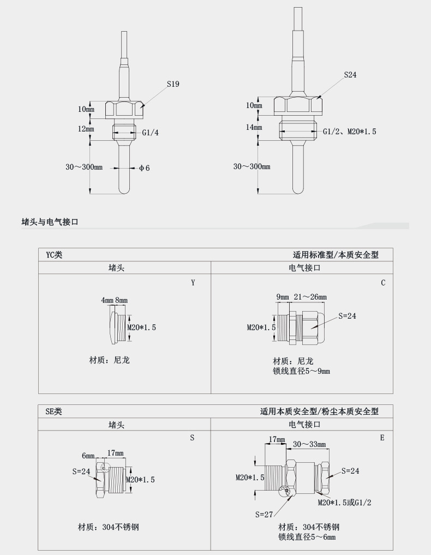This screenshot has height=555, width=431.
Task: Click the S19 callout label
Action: pyautogui.click(x=173, y=84)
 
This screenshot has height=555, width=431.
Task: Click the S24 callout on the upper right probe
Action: pyautogui.click(x=350, y=75)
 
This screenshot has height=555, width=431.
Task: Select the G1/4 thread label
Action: pyautogui.click(x=151, y=133)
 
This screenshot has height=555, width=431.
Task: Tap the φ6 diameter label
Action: pyautogui.click(x=144, y=168)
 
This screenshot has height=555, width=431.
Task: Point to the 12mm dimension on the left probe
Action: pyautogui.click(x=86, y=129)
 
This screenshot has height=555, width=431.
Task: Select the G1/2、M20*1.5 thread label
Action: pyautogui.click(x=349, y=132)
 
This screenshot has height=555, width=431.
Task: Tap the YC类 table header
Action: pyautogui.click(x=54, y=254)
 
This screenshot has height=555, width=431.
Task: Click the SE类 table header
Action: pyautogui.click(x=54, y=411)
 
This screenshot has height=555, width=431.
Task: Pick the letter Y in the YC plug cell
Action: pyautogui.click(x=193, y=283)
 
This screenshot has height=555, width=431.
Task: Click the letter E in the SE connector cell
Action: pyautogui.click(x=382, y=438)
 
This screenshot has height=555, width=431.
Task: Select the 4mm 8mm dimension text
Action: pyautogui.click(x=114, y=301)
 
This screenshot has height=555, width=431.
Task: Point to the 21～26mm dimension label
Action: pyautogui.click(x=310, y=297)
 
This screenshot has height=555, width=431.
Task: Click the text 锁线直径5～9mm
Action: pyautogui.click(x=301, y=371)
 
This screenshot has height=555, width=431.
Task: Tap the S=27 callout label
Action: pyautogui.click(x=265, y=514)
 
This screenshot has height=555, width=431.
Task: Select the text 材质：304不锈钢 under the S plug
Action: pyautogui.click(x=109, y=527)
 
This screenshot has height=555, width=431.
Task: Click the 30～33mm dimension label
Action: pyautogui.click(x=309, y=444)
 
